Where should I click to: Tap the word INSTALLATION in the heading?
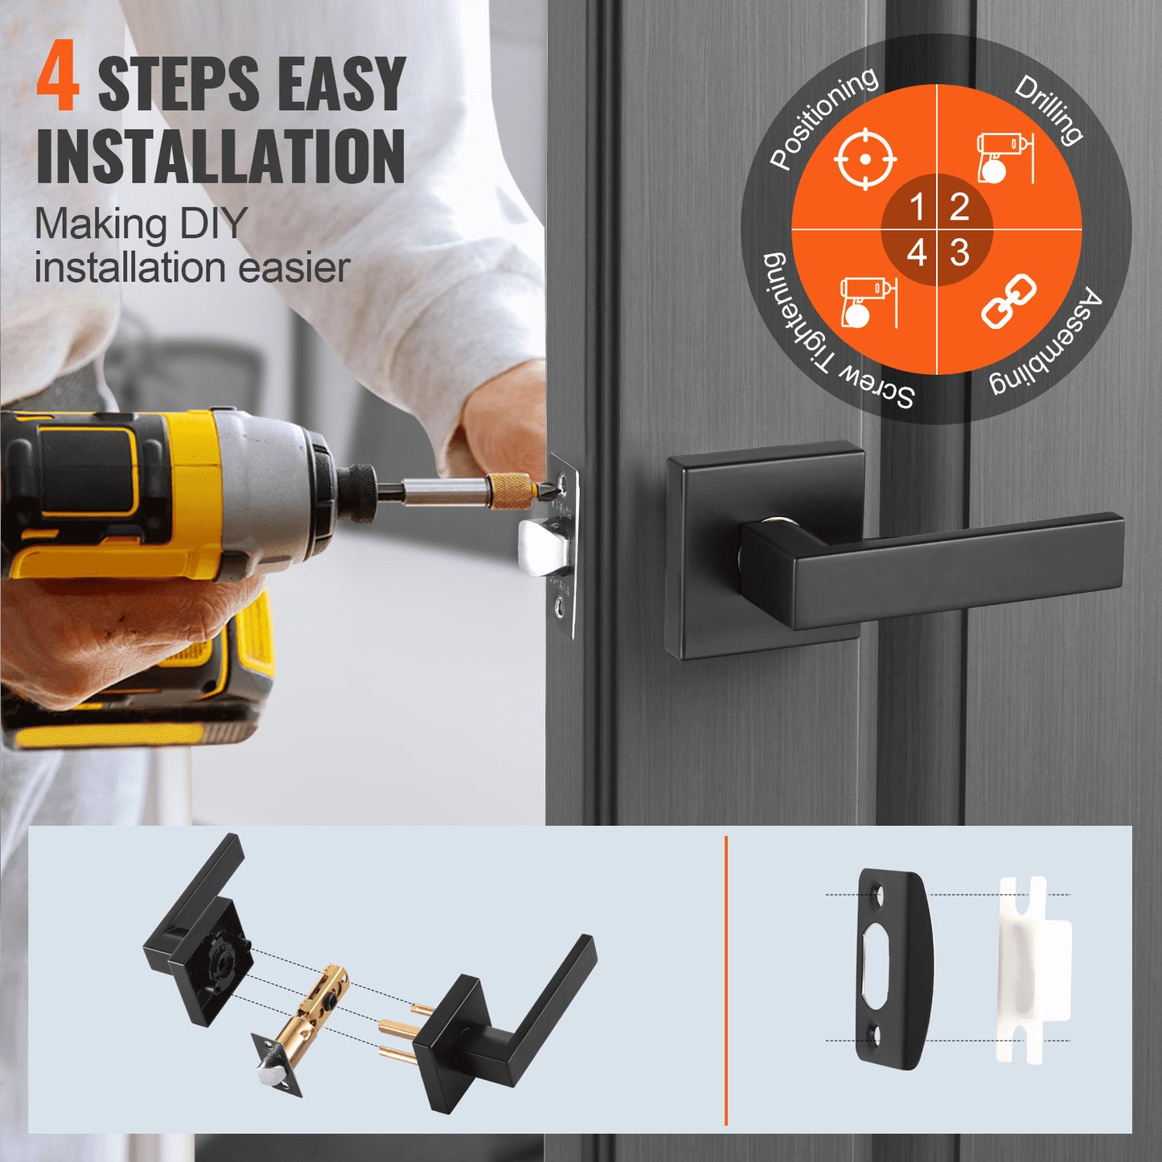pos(220,156)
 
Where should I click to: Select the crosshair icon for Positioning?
pos(864,158)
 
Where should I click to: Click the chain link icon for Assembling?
pos(1008,301)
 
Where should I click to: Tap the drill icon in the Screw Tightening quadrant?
pos(865,302)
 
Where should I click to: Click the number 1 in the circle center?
pos(917,207)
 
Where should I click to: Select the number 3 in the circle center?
pos(959,253)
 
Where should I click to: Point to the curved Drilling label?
pos(1049,109)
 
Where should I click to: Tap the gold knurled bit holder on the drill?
pos(509,491)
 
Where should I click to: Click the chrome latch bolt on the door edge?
pos(545,547)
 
